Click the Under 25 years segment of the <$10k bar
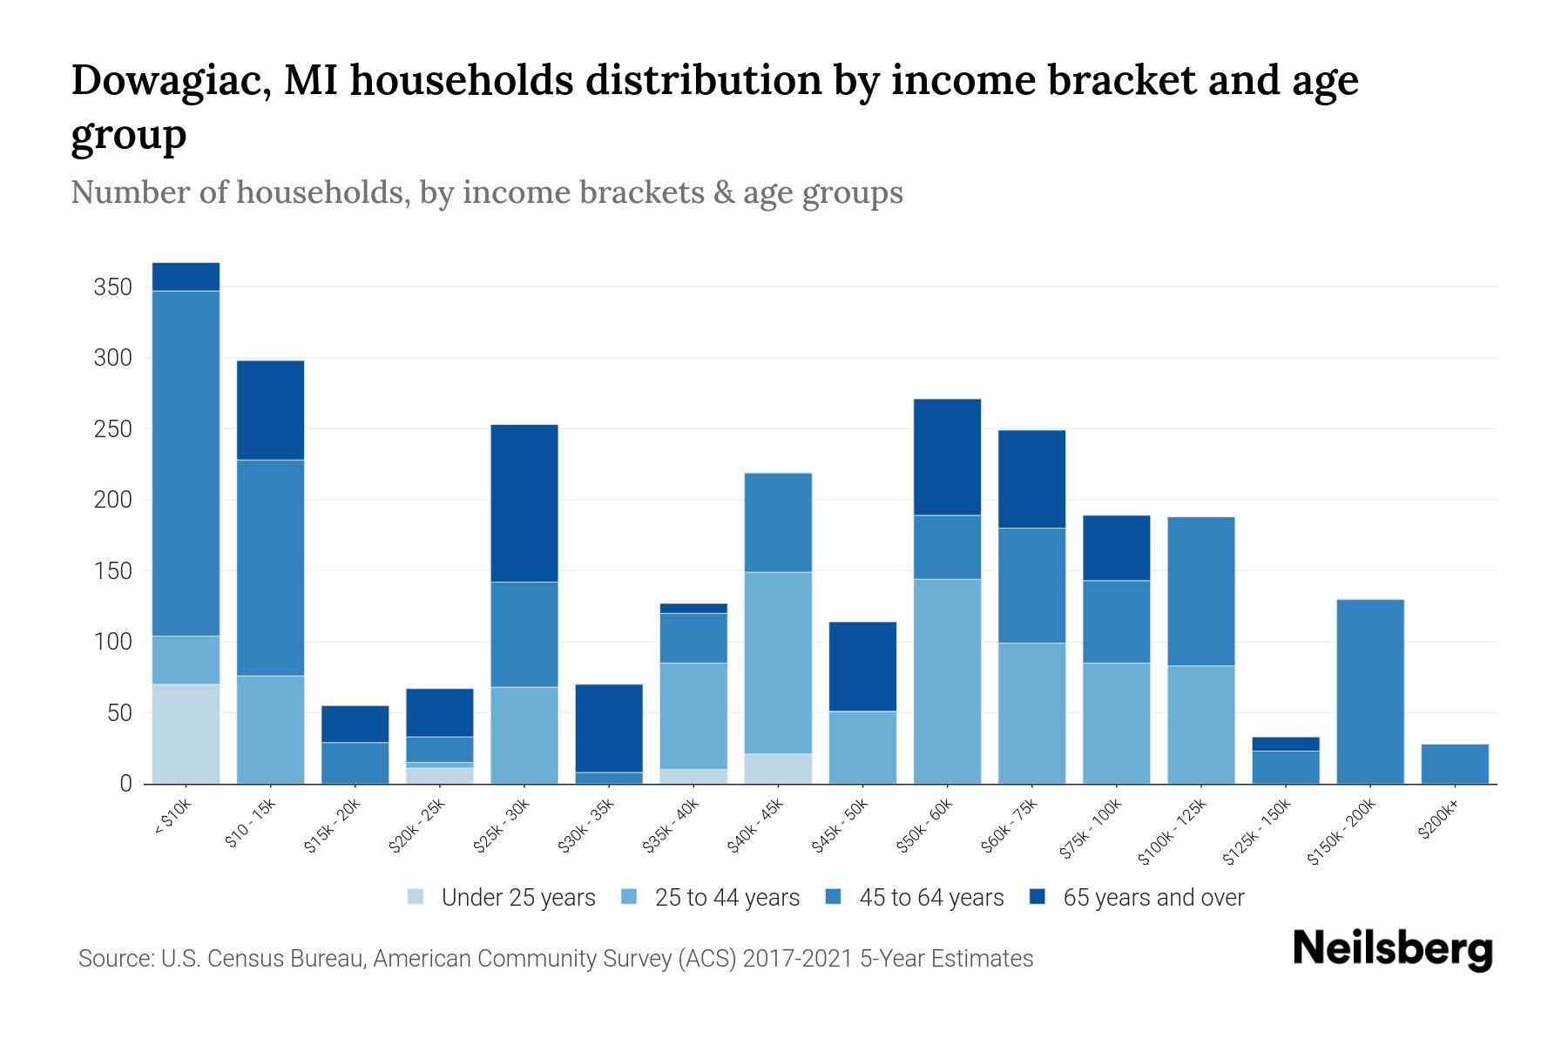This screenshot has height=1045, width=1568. [186, 733]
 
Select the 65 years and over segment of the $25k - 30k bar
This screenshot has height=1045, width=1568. [524, 502]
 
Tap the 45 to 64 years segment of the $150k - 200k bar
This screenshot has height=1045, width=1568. [1370, 691]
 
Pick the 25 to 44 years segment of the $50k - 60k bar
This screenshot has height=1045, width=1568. [947, 681]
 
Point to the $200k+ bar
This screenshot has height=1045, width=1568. [1455, 764]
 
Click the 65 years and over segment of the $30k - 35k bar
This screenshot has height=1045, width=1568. [609, 728]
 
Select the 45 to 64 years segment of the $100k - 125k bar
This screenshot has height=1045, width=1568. [1201, 591]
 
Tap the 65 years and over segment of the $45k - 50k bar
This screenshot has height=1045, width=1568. [862, 666]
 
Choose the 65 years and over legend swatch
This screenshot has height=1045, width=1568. [1038, 897]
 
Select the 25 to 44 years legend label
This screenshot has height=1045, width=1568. [727, 898]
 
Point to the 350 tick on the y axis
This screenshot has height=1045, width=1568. [112, 287]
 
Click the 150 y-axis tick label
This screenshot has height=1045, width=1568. [112, 571]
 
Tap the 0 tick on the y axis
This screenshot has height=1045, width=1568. [125, 784]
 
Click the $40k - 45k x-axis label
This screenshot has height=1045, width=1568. [756, 826]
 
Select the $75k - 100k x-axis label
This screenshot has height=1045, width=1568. [1092, 830]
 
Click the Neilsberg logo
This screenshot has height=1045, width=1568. [1392, 948]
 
